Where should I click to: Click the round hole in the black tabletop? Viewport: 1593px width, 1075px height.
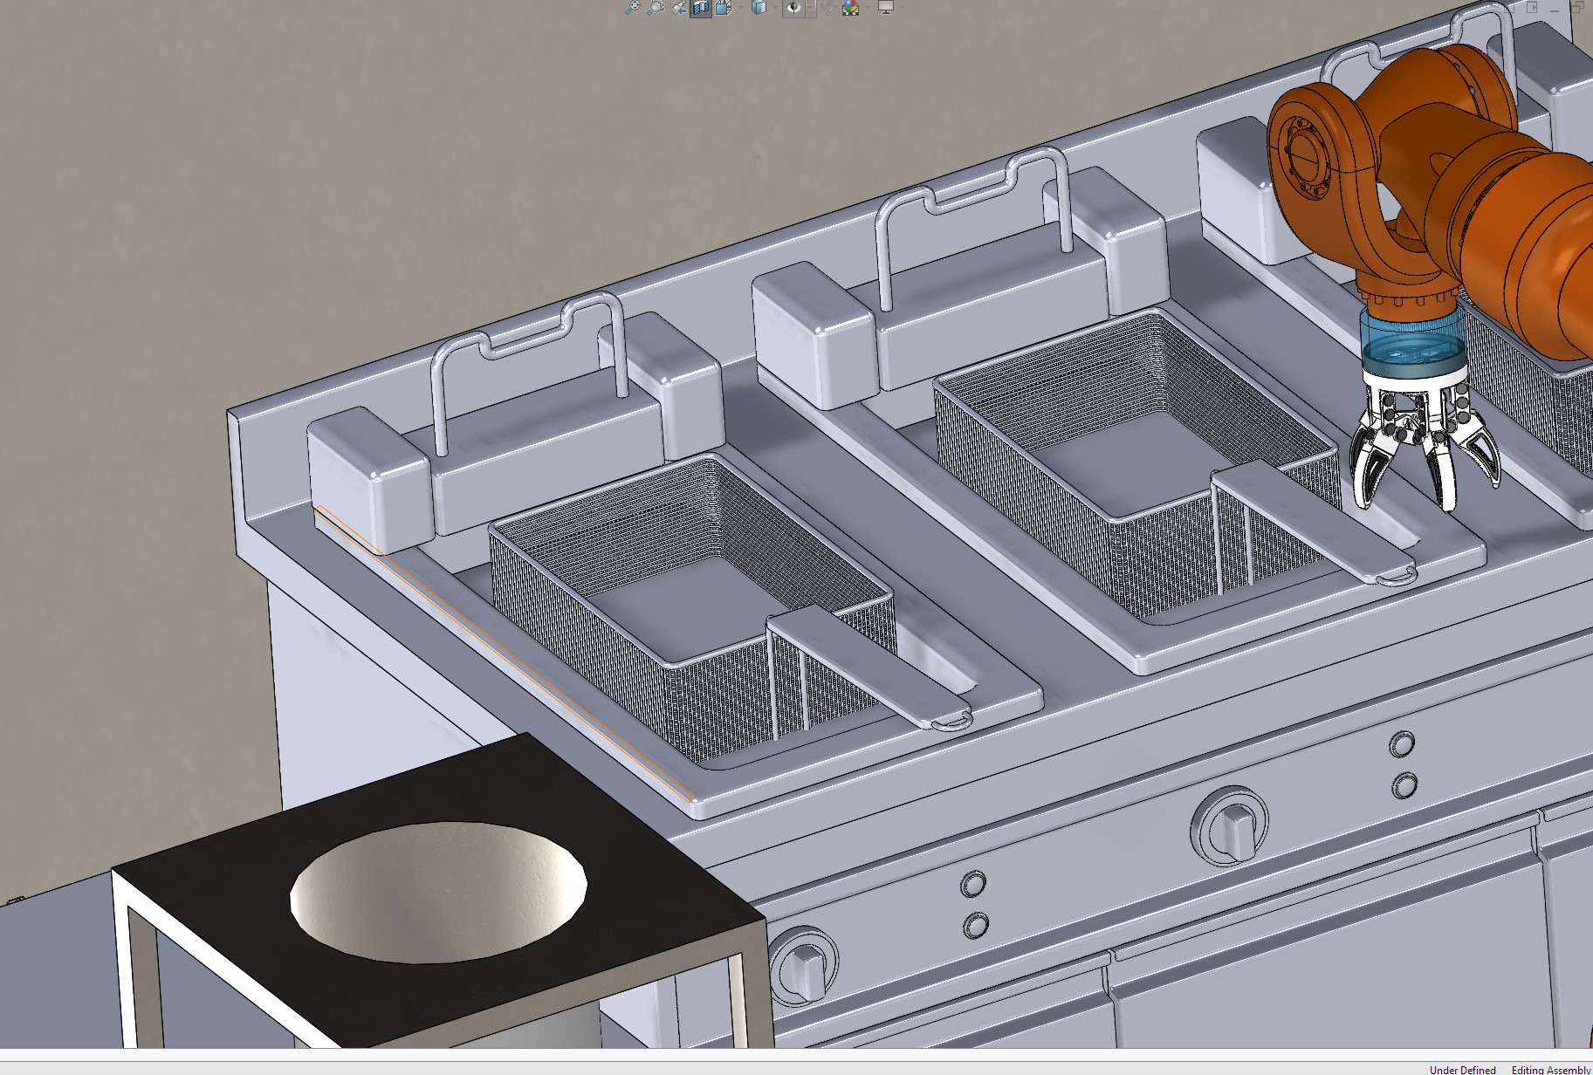[x=438, y=892]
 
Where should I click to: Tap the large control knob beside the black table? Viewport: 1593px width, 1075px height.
[x=804, y=964]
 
